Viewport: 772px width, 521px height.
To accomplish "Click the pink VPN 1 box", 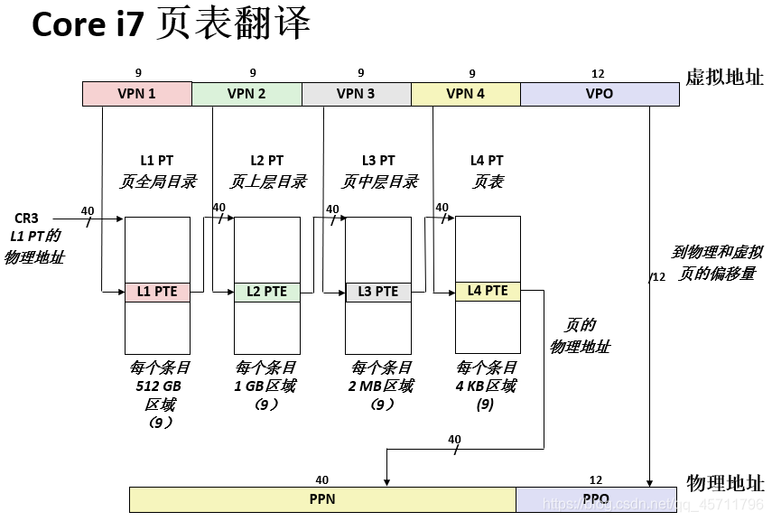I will pyautogui.click(x=136, y=94).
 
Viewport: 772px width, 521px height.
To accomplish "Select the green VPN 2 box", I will pyautogui.click(x=246, y=94).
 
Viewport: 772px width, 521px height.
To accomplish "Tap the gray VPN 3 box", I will pyautogui.click(x=356, y=94).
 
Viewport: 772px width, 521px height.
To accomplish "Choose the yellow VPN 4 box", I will pyautogui.click(x=465, y=94).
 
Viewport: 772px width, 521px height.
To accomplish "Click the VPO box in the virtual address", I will pyautogui.click(x=600, y=94).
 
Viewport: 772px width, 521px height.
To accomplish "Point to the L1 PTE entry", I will pyautogui.click(x=157, y=292).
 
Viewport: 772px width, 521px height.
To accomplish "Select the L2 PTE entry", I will pyautogui.click(x=266, y=292).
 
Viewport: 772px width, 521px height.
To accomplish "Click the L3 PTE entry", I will pyautogui.click(x=377, y=292).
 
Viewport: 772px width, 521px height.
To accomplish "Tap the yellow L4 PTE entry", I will pyautogui.click(x=488, y=291).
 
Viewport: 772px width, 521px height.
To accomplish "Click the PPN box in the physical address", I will pyautogui.click(x=322, y=499).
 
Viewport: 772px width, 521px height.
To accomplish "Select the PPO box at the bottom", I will pyautogui.click(x=596, y=499).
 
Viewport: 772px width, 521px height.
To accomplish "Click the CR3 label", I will pyautogui.click(x=26, y=219).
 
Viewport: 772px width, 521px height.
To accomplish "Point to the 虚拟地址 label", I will pyautogui.click(x=724, y=77).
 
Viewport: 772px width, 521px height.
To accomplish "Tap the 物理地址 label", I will pyautogui.click(x=724, y=483).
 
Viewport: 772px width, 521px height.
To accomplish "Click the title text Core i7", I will pyautogui.click(x=88, y=26).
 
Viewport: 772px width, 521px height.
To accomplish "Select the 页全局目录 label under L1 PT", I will pyautogui.click(x=157, y=181).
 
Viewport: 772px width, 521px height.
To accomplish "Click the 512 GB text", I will pyautogui.click(x=159, y=386).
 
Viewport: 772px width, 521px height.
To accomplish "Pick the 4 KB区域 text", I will pyautogui.click(x=486, y=386).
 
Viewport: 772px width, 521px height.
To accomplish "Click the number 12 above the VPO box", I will pyautogui.click(x=597, y=73).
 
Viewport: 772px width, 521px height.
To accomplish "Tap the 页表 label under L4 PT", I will pyautogui.click(x=488, y=181).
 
